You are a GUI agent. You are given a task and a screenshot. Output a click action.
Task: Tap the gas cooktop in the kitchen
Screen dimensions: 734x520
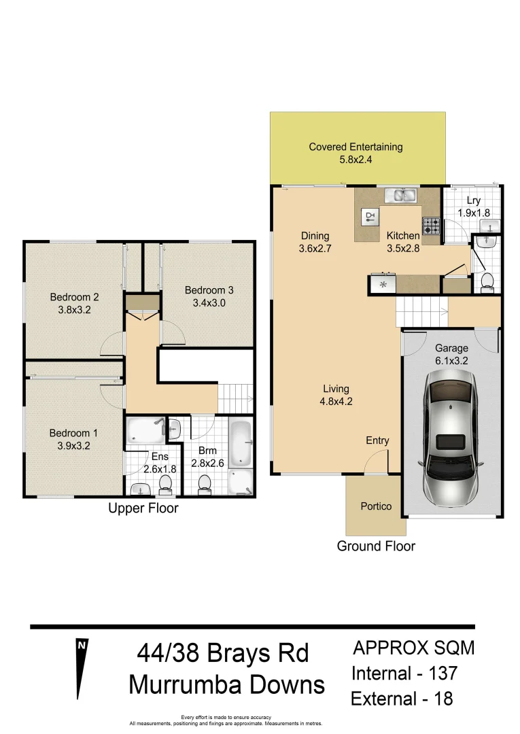point(431,224)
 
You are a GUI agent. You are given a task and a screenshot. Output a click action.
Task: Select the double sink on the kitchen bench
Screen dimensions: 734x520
point(401,196)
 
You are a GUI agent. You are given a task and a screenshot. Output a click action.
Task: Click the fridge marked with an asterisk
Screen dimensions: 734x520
point(383,284)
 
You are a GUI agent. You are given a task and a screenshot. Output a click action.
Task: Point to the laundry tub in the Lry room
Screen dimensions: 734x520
point(488,241)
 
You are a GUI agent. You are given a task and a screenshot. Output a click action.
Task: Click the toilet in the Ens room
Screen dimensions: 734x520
point(165,483)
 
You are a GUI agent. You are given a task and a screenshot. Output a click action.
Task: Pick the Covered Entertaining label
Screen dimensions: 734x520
point(356,147)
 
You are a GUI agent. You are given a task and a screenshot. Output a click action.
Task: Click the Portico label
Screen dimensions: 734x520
point(376,506)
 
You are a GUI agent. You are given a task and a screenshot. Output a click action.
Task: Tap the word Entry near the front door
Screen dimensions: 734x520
point(377,440)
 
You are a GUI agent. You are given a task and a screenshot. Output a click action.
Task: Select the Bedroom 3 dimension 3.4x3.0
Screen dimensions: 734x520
point(209,303)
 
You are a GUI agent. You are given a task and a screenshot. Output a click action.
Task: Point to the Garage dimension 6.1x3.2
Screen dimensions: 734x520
point(451,361)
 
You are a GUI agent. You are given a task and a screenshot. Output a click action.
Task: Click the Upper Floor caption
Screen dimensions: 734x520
point(143,508)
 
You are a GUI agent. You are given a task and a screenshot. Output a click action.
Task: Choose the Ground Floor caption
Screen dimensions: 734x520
point(376,546)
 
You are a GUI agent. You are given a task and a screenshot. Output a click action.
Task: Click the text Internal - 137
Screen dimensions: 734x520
point(404,674)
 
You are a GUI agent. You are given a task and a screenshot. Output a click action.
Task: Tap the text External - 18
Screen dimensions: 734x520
point(401,699)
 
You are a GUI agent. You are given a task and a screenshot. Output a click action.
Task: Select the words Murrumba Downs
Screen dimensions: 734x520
point(226,684)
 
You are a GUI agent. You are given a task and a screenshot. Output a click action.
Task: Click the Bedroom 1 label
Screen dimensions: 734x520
point(73,433)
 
